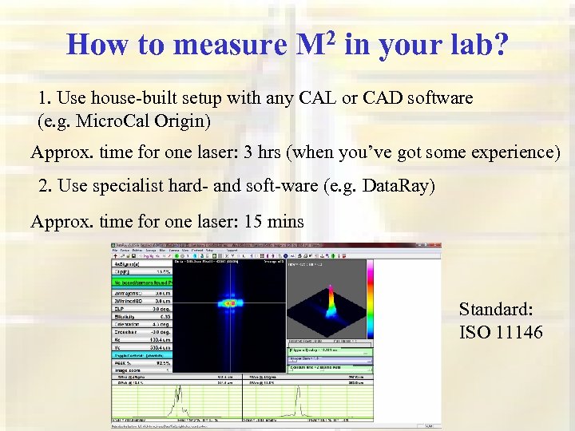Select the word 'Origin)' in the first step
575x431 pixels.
click(x=184, y=121)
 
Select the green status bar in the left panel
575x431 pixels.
click(x=141, y=281)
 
